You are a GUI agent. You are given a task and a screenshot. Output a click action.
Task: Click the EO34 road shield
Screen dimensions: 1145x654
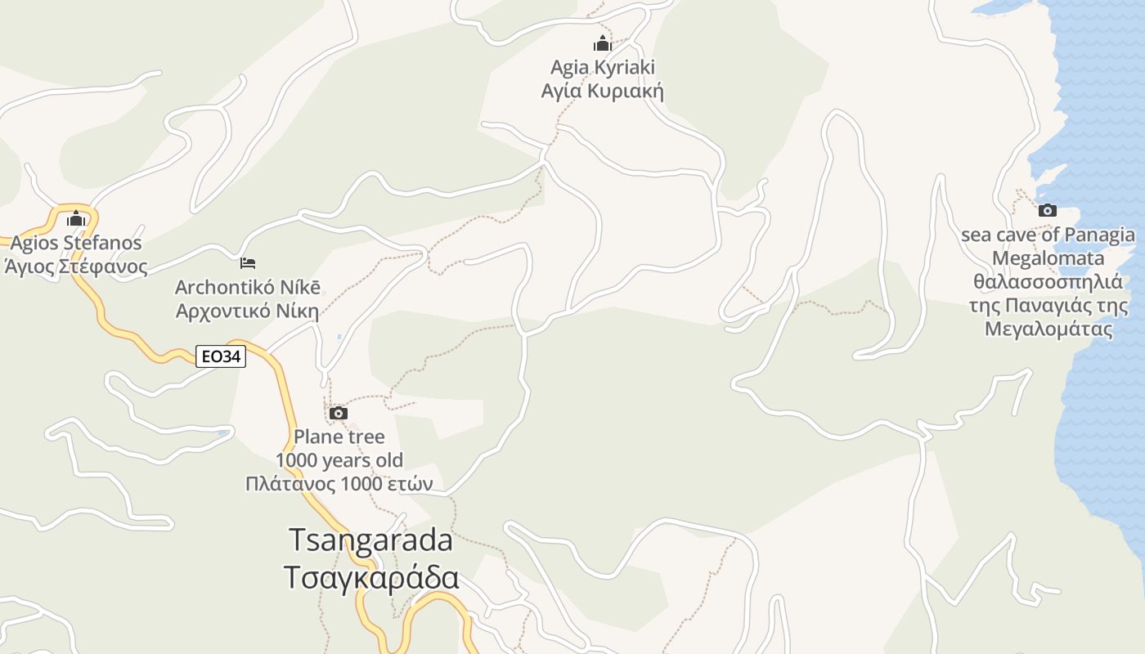[x=221, y=356]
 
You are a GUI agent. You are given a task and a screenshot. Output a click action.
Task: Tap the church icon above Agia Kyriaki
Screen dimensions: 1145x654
[x=603, y=43]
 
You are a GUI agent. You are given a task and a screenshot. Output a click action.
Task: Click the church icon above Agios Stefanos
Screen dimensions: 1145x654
[x=76, y=218]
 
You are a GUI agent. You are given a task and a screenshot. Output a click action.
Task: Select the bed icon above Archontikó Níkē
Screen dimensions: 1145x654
[x=248, y=263]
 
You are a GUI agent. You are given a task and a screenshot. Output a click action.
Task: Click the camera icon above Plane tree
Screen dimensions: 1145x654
[x=338, y=414]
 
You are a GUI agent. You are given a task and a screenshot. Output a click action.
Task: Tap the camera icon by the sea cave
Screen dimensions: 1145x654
[x=1047, y=210]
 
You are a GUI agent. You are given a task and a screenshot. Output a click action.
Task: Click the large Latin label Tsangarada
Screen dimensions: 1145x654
[x=370, y=540]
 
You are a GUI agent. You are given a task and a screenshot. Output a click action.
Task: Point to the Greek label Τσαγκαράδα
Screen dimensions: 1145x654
[x=370, y=577]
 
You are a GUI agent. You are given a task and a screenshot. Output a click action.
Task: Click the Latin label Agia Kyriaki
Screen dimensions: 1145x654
[x=603, y=67]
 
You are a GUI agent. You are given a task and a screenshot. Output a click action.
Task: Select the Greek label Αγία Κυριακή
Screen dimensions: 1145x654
[x=603, y=91]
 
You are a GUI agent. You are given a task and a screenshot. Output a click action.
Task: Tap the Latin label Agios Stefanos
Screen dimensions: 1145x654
[x=76, y=243]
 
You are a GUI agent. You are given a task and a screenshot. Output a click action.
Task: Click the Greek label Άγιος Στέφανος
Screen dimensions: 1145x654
[x=76, y=267]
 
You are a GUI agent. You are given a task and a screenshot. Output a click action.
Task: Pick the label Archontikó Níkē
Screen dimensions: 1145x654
[x=248, y=288]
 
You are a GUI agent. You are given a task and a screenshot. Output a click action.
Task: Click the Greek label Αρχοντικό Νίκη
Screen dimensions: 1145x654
[x=248, y=311]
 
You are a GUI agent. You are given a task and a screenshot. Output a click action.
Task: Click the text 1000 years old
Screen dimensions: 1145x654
[x=339, y=460]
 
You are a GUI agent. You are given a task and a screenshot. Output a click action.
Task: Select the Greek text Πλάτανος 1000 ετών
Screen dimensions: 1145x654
[x=339, y=484]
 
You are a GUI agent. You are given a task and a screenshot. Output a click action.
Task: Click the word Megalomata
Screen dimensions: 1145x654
[x=1048, y=258]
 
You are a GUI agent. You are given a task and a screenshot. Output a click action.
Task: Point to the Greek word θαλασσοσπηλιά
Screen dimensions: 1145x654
[x=1048, y=283]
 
